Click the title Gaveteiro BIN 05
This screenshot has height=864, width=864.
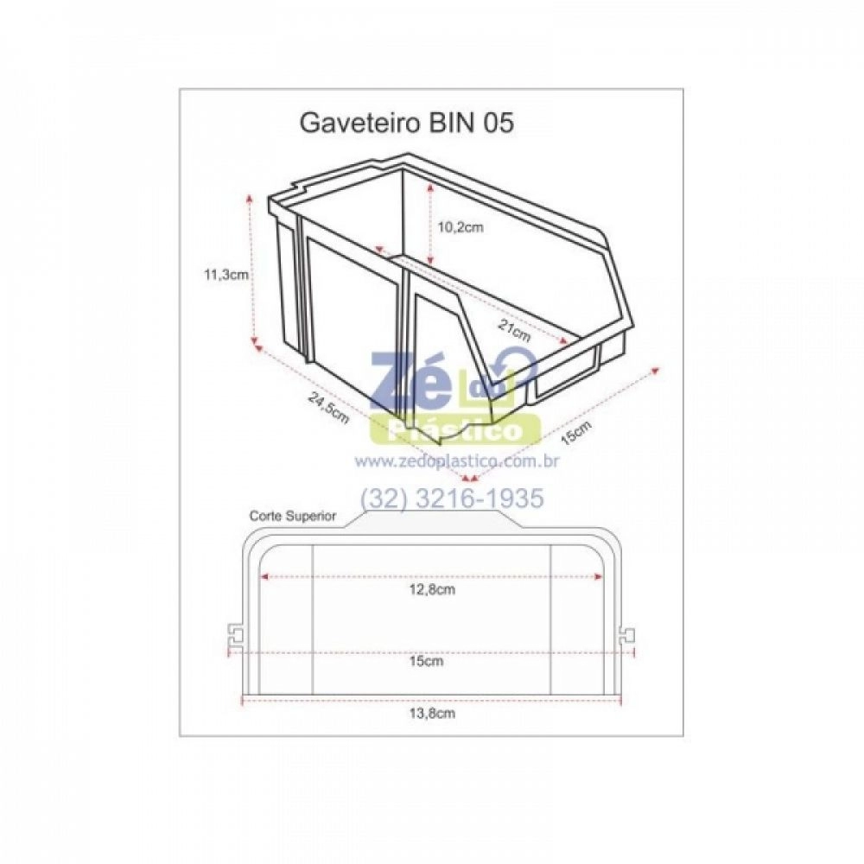[407, 123]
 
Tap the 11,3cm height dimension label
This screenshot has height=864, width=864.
[226, 275]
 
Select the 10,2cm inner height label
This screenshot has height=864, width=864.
[461, 227]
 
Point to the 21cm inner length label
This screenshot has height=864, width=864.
[514, 331]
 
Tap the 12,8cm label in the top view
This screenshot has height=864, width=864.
[432, 589]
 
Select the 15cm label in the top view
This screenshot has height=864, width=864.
[427, 661]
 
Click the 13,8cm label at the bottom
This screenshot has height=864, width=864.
[432, 714]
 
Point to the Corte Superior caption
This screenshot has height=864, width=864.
[293, 517]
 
